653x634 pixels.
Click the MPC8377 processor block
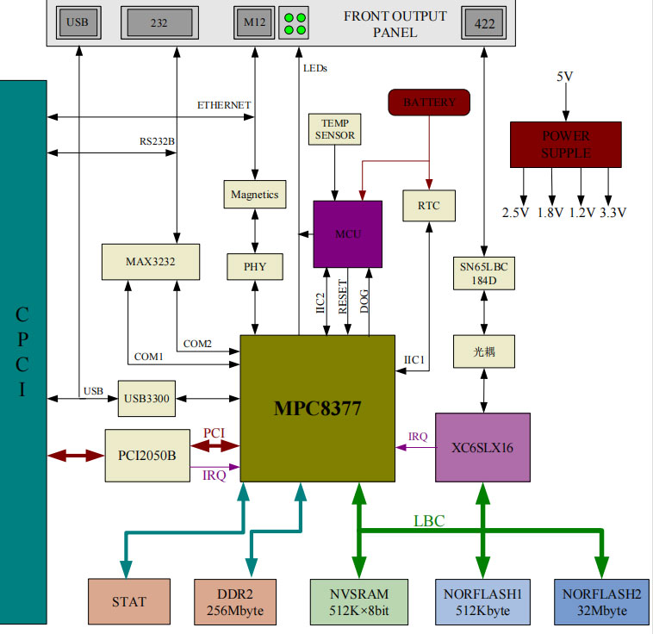(317, 409)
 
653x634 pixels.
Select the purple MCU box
(347, 233)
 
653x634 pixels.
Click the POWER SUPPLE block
(565, 144)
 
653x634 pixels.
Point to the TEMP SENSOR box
(334, 129)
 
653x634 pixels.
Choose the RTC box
(428, 206)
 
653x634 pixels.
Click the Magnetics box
(254, 195)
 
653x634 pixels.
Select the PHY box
(254, 266)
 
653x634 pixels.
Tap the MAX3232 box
(150, 261)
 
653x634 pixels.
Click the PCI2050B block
(146, 454)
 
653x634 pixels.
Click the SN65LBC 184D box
(483, 273)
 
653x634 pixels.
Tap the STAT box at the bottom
(128, 601)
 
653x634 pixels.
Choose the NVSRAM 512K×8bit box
(359, 601)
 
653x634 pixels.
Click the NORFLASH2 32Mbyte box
(602, 601)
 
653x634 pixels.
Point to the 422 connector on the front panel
(484, 24)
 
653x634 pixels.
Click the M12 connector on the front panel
(254, 23)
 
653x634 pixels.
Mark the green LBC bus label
(429, 520)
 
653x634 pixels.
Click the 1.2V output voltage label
(581, 213)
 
